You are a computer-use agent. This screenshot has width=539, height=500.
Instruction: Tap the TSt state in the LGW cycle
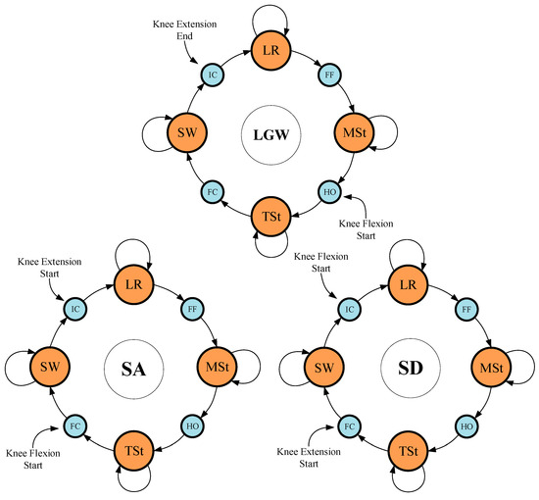point(271,216)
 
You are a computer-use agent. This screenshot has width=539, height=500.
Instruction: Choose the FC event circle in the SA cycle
point(73,427)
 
